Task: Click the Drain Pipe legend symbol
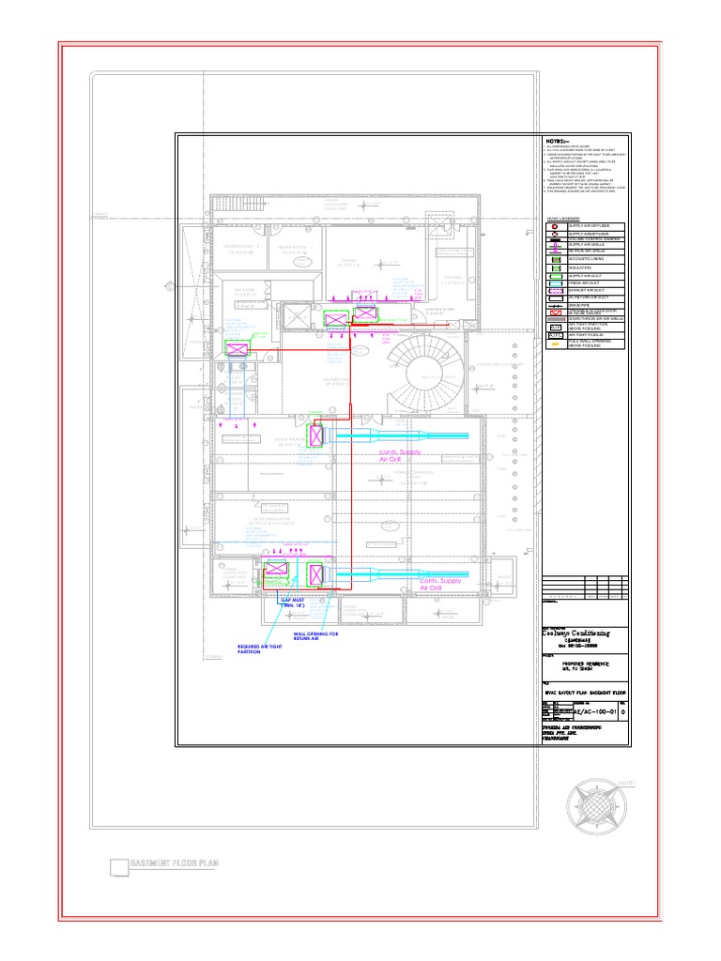pyautogui.click(x=554, y=305)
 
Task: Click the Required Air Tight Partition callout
pyautogui.click(x=261, y=649)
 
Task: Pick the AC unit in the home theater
pyautogui.click(x=315, y=436)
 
